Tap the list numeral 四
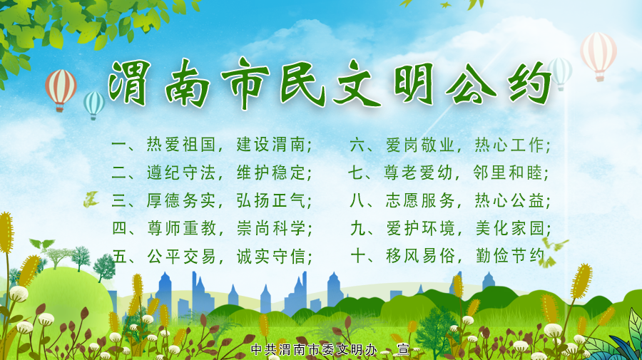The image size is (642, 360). click(120, 229)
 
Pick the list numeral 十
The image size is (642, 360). click(359, 257)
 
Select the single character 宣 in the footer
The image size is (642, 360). click(404, 350)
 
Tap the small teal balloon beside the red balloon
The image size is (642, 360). click(93, 104)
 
